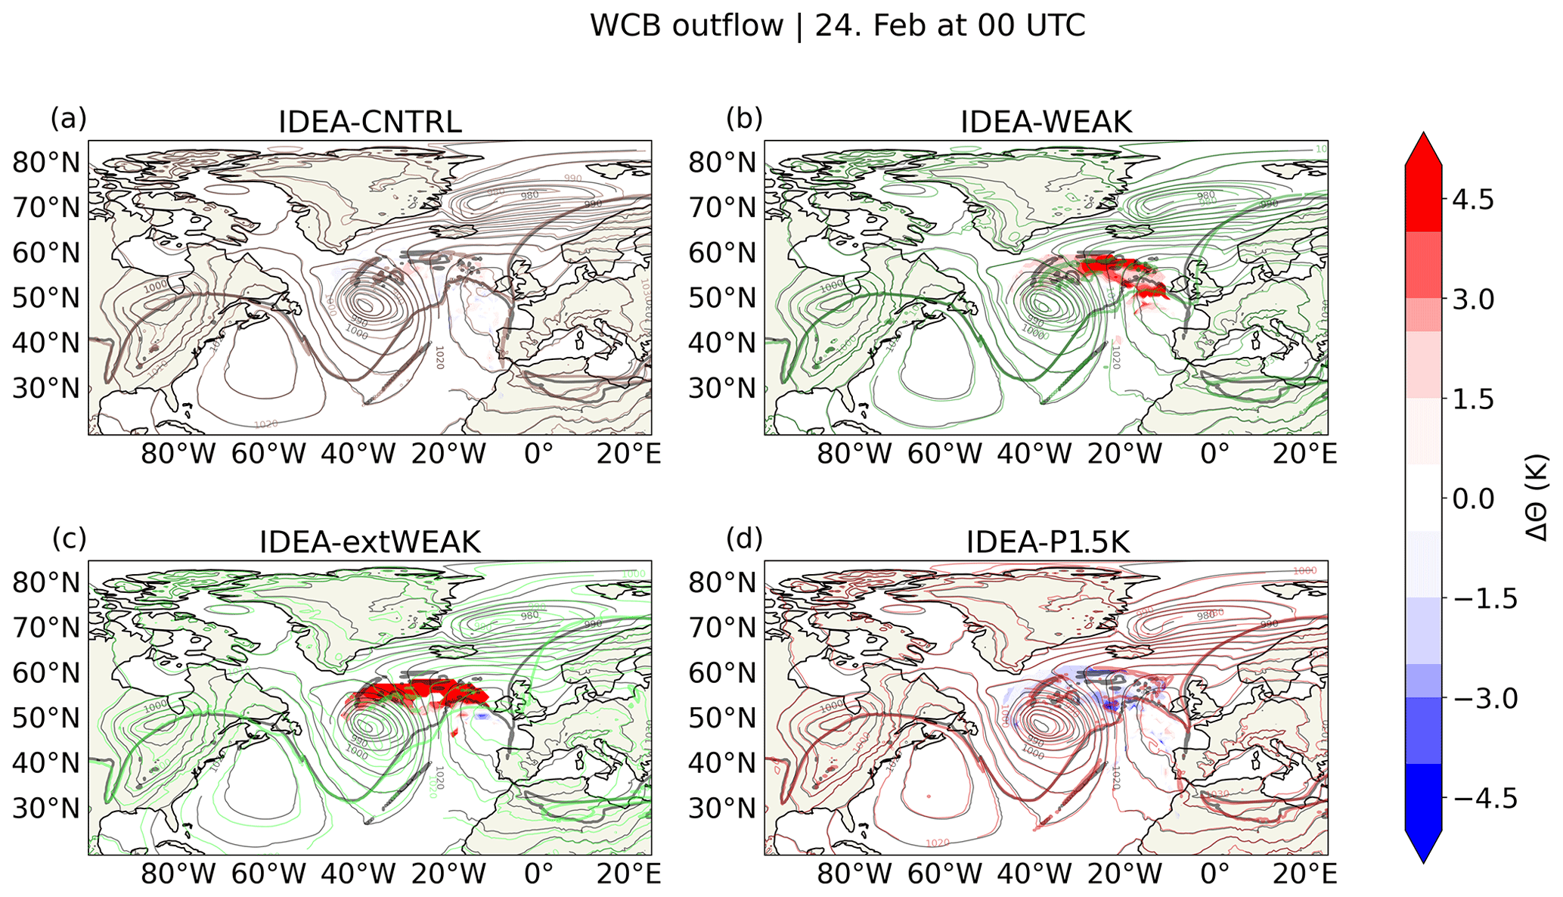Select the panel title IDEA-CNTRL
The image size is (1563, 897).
point(370,122)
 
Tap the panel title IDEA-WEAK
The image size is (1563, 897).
point(1046,122)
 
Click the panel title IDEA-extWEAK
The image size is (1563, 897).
point(370,542)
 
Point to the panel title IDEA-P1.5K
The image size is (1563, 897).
point(1047,542)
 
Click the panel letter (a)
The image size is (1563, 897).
point(68,119)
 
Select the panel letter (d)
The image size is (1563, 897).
point(744,539)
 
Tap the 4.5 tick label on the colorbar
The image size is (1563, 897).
point(1472,200)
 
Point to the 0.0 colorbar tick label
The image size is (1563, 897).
point(1472,499)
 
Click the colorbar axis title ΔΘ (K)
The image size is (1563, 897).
point(1535,499)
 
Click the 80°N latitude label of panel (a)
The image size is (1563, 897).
point(46,163)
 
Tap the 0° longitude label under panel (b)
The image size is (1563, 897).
point(1214,454)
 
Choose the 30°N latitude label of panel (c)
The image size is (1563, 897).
point(46,809)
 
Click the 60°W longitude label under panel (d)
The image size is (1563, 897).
point(944,874)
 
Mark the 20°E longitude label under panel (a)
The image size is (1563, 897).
point(628,454)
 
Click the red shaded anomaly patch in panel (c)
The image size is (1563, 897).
point(416,692)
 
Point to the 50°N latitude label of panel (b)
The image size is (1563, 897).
point(722,298)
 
